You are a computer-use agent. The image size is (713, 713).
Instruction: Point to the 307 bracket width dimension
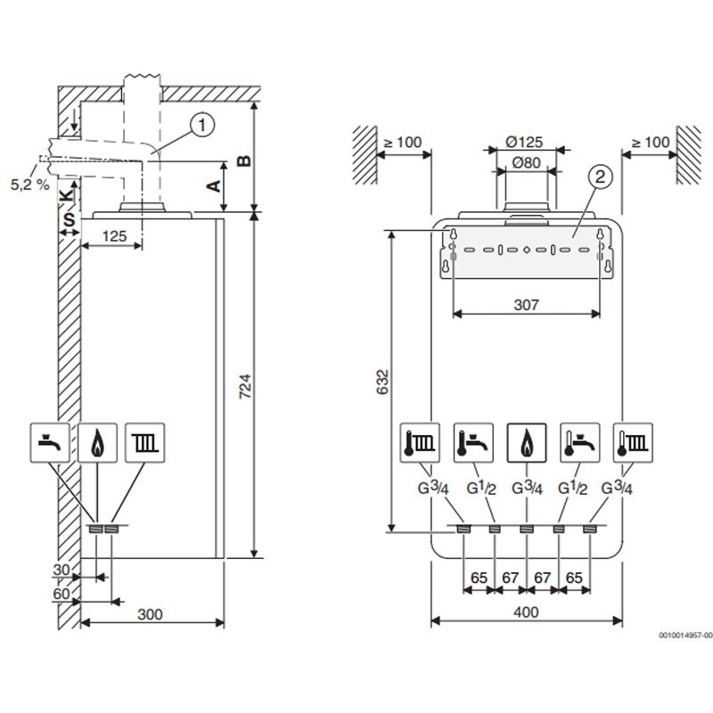[527, 304]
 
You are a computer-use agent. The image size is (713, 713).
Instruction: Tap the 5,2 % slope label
[29, 184]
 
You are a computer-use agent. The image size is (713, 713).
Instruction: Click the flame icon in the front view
[527, 440]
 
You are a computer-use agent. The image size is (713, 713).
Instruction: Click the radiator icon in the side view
[144, 440]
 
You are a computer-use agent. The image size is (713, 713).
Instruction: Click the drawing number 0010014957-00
[685, 635]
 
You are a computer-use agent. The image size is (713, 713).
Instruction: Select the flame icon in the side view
[97, 440]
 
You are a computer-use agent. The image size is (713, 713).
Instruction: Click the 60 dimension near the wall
[61, 592]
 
